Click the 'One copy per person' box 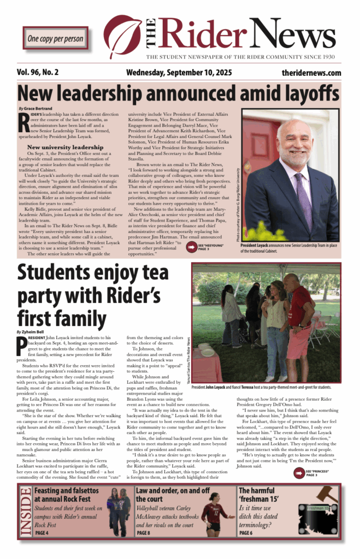(x=55, y=38)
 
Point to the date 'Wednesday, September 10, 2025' (x=179, y=73)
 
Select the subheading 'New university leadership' (x=61, y=147)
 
